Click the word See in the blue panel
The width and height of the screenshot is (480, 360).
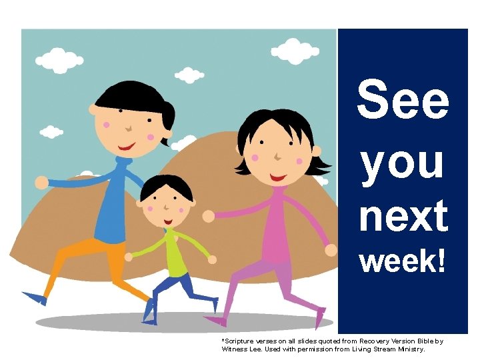[403, 101]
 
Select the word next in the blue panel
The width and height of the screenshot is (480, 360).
[403, 216]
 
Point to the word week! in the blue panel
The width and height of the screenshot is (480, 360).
[403, 261]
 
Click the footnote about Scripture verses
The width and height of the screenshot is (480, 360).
[331, 345]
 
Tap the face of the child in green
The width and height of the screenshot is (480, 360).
[166, 204]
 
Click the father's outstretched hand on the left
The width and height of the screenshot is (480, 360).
[41, 182]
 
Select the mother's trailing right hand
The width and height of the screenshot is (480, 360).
[331, 250]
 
